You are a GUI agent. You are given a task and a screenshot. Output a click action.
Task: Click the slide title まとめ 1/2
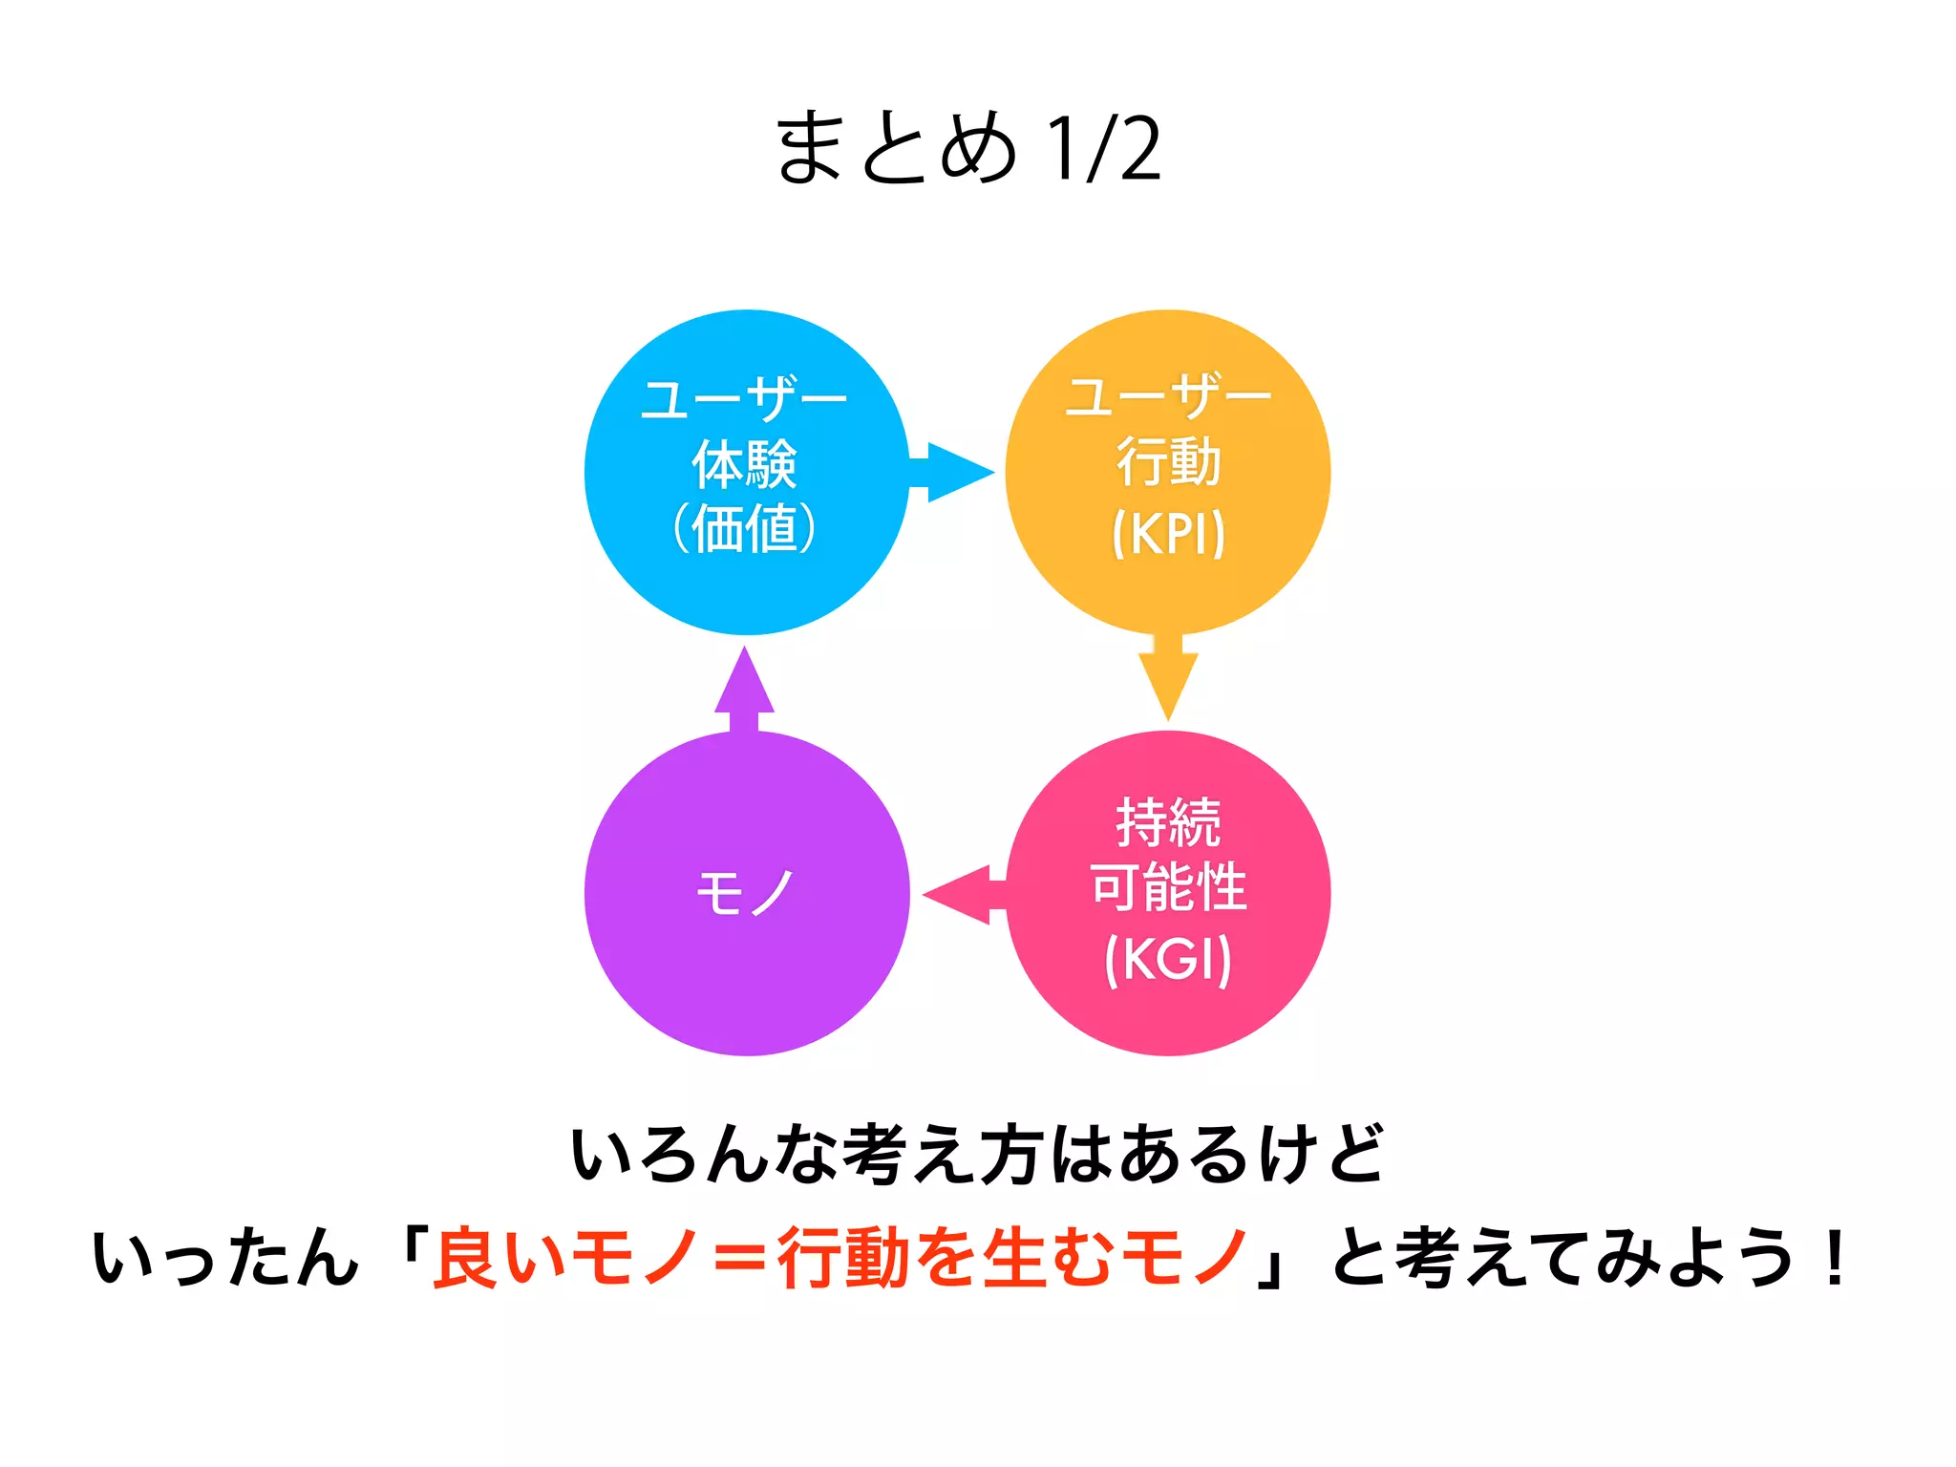point(968,148)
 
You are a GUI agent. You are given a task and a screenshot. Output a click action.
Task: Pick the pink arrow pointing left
point(963,895)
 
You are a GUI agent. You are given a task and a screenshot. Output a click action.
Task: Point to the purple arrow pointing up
point(745,690)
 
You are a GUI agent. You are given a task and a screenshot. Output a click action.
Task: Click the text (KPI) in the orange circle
point(1168,533)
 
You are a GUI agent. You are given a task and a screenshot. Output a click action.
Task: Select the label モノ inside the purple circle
point(745,894)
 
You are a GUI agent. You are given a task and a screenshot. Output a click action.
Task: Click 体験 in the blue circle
point(745,465)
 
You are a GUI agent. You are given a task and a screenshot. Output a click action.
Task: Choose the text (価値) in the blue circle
point(745,528)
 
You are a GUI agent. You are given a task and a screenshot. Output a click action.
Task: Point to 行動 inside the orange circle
point(1168,462)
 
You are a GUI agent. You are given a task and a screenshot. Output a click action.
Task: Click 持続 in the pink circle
point(1168,822)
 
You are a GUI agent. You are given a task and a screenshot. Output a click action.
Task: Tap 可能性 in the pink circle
point(1168,887)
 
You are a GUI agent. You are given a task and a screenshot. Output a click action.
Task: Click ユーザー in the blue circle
point(745,399)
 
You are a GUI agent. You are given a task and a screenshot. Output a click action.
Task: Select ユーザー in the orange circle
point(1168,397)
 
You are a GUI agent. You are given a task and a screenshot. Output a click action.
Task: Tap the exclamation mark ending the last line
point(1834,1258)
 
